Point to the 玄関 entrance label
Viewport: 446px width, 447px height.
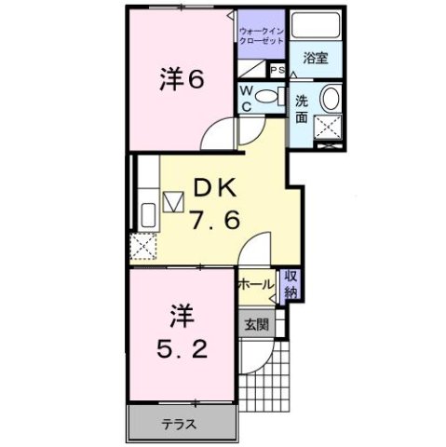[257, 325]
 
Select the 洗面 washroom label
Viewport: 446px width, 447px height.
[303, 110]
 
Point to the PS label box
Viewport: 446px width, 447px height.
[277, 70]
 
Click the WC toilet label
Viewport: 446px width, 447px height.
[248, 97]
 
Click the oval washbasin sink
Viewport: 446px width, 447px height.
[330, 100]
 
